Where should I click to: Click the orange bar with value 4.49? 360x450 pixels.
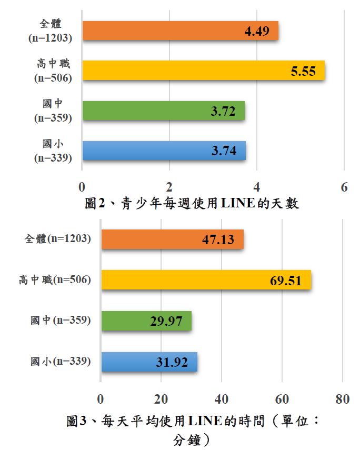pyautogui.click(x=180, y=31)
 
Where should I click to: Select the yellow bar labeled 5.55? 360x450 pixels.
pyautogui.click(x=203, y=71)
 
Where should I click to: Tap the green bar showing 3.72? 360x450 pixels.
pyautogui.click(x=163, y=111)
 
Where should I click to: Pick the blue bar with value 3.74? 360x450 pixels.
pyautogui.click(x=164, y=151)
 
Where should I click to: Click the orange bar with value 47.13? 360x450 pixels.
pyautogui.click(x=172, y=239)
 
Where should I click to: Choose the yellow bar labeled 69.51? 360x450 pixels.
pyautogui.click(x=206, y=280)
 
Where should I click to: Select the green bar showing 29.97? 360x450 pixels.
pyautogui.click(x=146, y=321)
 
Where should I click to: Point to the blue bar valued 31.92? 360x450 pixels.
pyautogui.click(x=149, y=362)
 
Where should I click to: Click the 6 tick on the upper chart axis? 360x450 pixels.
pyautogui.click(x=344, y=187)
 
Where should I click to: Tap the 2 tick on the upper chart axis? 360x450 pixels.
pyautogui.click(x=169, y=187)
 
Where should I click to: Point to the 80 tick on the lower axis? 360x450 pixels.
pyautogui.click(x=343, y=399)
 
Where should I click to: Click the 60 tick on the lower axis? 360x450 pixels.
pyautogui.click(x=282, y=399)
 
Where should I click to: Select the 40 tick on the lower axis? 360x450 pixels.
pyautogui.click(x=222, y=399)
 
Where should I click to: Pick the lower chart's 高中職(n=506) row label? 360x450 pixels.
pyautogui.click(x=55, y=280)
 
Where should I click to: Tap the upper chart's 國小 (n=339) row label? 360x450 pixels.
pyautogui.click(x=53, y=150)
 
